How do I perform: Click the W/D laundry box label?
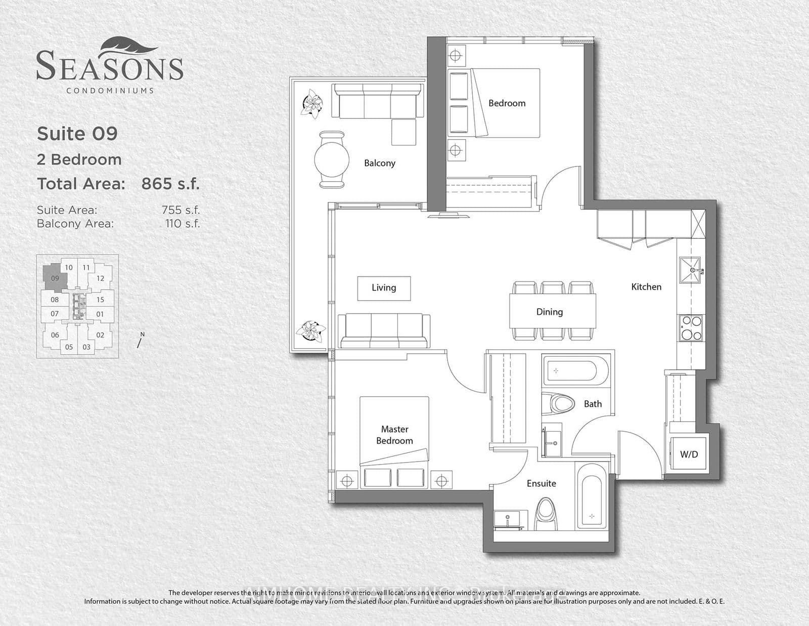(x=689, y=454)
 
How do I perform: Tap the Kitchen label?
(x=646, y=287)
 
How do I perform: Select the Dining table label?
(x=550, y=312)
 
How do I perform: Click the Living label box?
(x=384, y=288)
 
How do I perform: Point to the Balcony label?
(x=380, y=163)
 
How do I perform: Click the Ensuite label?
(x=541, y=483)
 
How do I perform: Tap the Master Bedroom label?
(x=394, y=435)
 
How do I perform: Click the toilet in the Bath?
(x=559, y=404)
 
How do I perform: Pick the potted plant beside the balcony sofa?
(x=312, y=104)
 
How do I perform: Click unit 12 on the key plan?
(x=100, y=278)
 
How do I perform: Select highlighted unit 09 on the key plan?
(x=55, y=278)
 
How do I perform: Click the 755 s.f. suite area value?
(x=181, y=210)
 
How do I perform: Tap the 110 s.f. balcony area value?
(x=183, y=223)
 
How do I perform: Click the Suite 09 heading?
(x=77, y=134)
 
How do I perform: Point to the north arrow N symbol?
(x=141, y=340)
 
